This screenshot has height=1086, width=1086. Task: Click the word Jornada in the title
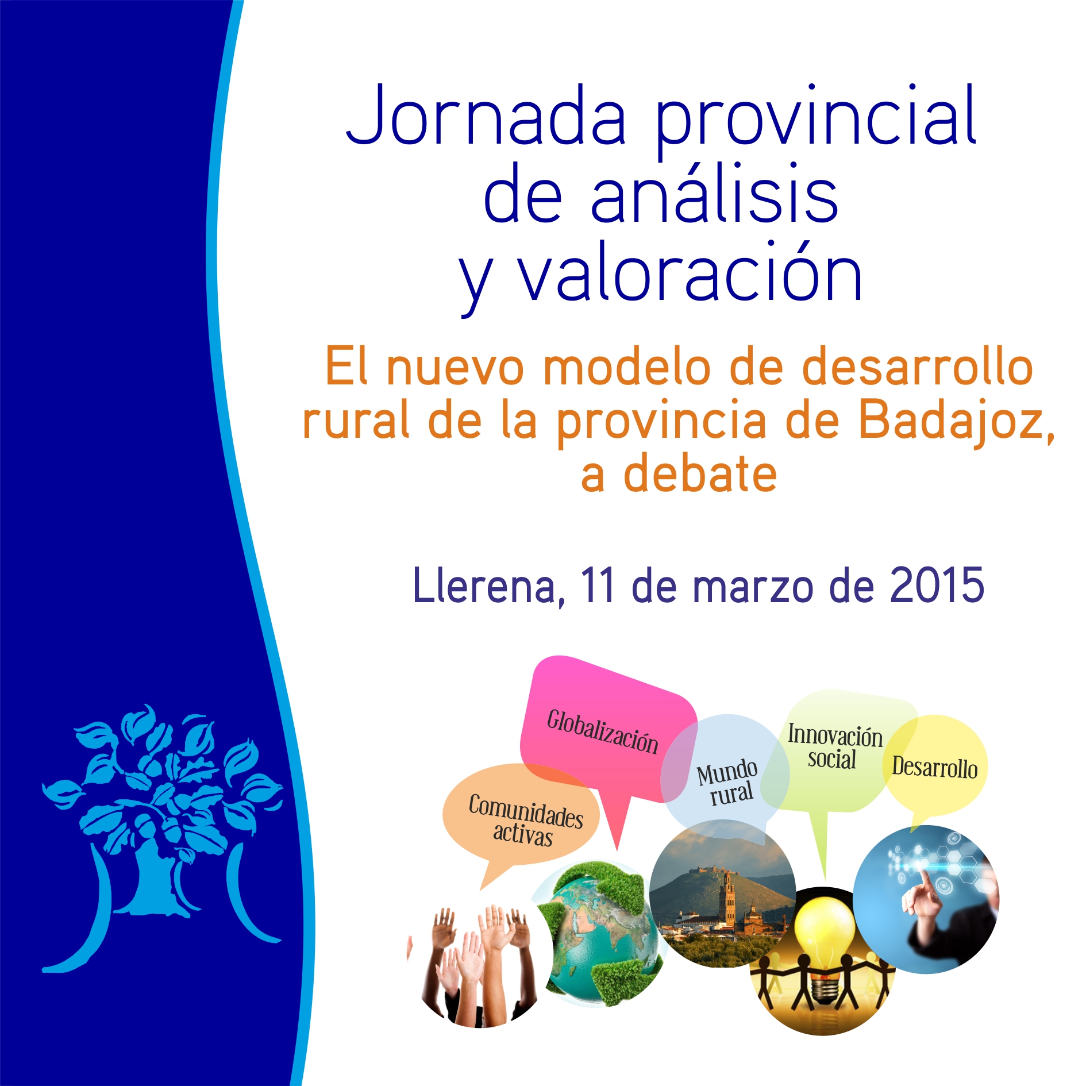coord(486,115)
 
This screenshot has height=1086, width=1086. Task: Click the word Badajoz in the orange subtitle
coord(957,421)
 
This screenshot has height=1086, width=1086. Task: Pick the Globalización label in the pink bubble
coord(602,731)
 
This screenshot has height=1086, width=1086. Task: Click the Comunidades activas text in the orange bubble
coord(525,819)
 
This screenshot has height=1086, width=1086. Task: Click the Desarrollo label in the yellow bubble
coord(934,768)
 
